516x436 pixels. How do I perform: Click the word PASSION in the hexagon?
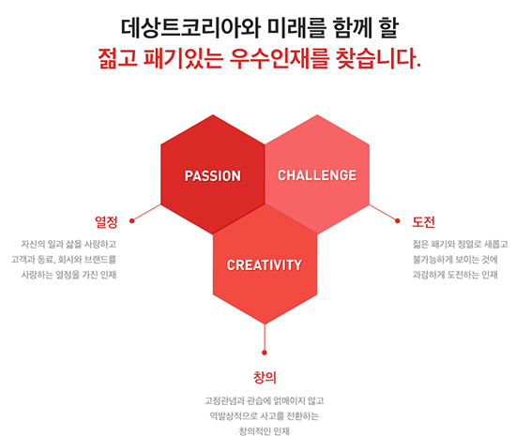213,176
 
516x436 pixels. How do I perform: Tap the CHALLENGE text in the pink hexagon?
317,175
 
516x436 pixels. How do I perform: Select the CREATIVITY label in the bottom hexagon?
265,265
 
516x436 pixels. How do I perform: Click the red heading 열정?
106,222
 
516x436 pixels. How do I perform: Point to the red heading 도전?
423,222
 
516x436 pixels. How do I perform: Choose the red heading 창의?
265,377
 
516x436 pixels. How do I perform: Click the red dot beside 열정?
132,220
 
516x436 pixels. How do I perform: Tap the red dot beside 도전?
398,220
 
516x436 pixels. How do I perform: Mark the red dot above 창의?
265,353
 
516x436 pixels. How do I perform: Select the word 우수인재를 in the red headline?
279,58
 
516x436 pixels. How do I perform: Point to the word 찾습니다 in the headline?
375,58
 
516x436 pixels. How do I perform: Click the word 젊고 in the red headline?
117,58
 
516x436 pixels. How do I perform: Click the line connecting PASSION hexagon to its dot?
146,213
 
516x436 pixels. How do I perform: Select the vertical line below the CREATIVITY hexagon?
265,338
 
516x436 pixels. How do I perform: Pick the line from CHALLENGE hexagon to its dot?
384,213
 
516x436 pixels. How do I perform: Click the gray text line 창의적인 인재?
265,430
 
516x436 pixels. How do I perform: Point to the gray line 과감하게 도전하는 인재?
455,275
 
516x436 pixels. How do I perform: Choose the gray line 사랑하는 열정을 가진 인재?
68,275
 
